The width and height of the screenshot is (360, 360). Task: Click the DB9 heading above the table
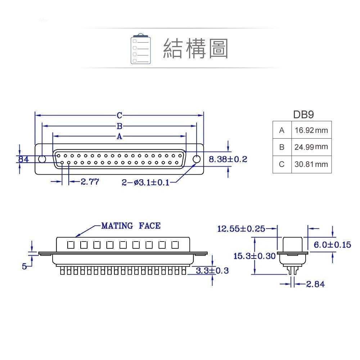coord(303,115)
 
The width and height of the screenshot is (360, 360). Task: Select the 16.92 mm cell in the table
coord(311,130)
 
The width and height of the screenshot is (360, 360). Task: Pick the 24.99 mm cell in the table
coord(311,147)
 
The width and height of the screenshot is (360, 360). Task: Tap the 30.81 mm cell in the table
coord(311,164)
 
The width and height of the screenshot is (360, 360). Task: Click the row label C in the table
coord(282,164)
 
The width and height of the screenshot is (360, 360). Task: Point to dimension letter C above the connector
coord(119,116)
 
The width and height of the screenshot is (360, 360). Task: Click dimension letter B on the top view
coord(119,126)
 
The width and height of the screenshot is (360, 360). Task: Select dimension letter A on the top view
coord(119,136)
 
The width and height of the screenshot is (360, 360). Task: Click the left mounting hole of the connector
coord(42,159)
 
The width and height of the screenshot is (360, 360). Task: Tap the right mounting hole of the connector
coord(197,159)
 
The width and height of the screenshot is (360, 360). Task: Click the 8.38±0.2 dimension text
coord(228,159)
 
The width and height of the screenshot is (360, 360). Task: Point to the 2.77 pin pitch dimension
coord(90,182)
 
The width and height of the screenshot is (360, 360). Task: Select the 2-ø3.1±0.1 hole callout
coord(145,183)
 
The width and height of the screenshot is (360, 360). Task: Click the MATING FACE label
coord(131,226)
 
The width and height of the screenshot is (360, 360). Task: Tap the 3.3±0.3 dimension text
coord(212,271)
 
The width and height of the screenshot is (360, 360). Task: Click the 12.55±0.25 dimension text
coord(241,228)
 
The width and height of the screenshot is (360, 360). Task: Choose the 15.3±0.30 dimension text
coord(254,256)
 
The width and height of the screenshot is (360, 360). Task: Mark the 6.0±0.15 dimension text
coord(332,245)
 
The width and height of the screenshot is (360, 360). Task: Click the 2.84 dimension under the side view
coord(315,284)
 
